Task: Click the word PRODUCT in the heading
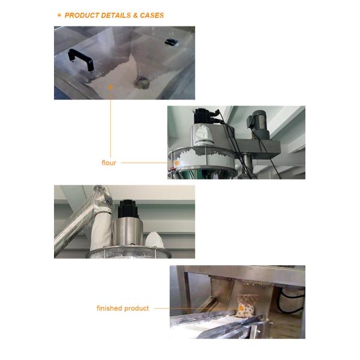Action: [82, 16]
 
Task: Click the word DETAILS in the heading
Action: [116, 16]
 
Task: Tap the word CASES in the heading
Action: [152, 16]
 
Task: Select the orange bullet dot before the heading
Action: [59, 15]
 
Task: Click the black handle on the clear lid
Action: [81, 59]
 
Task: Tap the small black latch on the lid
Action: [171, 42]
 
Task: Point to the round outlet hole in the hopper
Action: [142, 83]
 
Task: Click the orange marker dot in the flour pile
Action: [110, 87]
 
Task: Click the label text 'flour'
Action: [109, 163]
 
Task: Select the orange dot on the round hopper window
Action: [177, 163]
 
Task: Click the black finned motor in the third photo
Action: [128, 209]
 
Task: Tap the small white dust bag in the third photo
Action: [155, 240]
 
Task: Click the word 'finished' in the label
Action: [110, 308]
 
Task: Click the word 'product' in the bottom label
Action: [137, 308]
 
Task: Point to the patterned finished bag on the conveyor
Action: [247, 305]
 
